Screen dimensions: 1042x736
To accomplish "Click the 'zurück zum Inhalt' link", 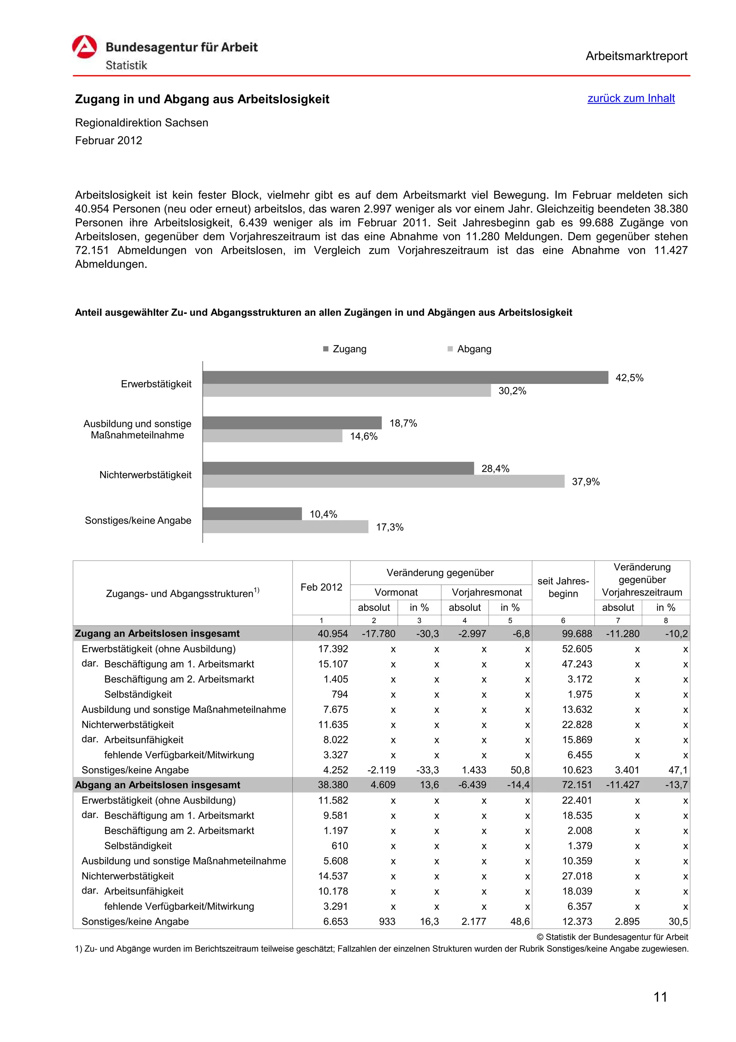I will [x=631, y=99].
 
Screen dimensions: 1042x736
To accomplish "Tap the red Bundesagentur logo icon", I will [x=84, y=47].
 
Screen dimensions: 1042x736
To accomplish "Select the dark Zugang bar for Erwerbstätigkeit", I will [x=405, y=378].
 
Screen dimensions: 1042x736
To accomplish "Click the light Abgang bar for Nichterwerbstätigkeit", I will [x=383, y=481].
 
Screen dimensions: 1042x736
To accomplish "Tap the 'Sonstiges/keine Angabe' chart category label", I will [x=138, y=521].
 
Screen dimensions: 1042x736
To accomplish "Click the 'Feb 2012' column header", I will [x=321, y=587].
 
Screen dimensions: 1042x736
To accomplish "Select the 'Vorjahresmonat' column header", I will [x=487, y=592].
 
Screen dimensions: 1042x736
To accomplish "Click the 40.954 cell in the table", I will [x=332, y=634].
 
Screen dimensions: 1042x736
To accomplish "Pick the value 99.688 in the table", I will [x=576, y=634].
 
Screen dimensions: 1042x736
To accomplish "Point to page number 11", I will [x=660, y=997].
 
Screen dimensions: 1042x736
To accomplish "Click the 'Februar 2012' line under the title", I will [x=109, y=141].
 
